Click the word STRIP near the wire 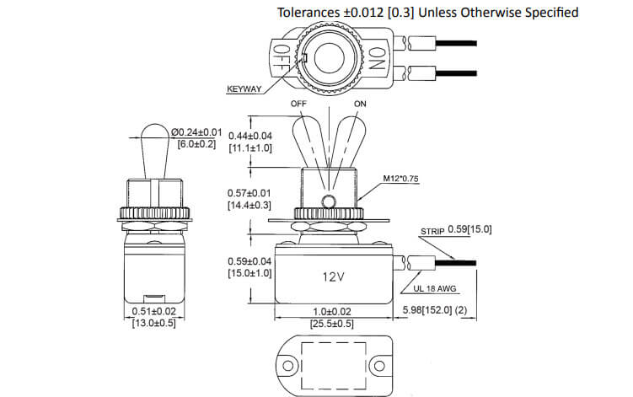pos(432,228)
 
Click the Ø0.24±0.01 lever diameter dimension pos(196,132)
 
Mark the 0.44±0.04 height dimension pos(250,136)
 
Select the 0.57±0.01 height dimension pos(250,193)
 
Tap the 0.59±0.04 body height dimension pos(250,261)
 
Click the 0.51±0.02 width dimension pos(153,312)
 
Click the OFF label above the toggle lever pos(298,104)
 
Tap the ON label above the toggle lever pos(361,104)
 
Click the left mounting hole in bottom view pos(288,367)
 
